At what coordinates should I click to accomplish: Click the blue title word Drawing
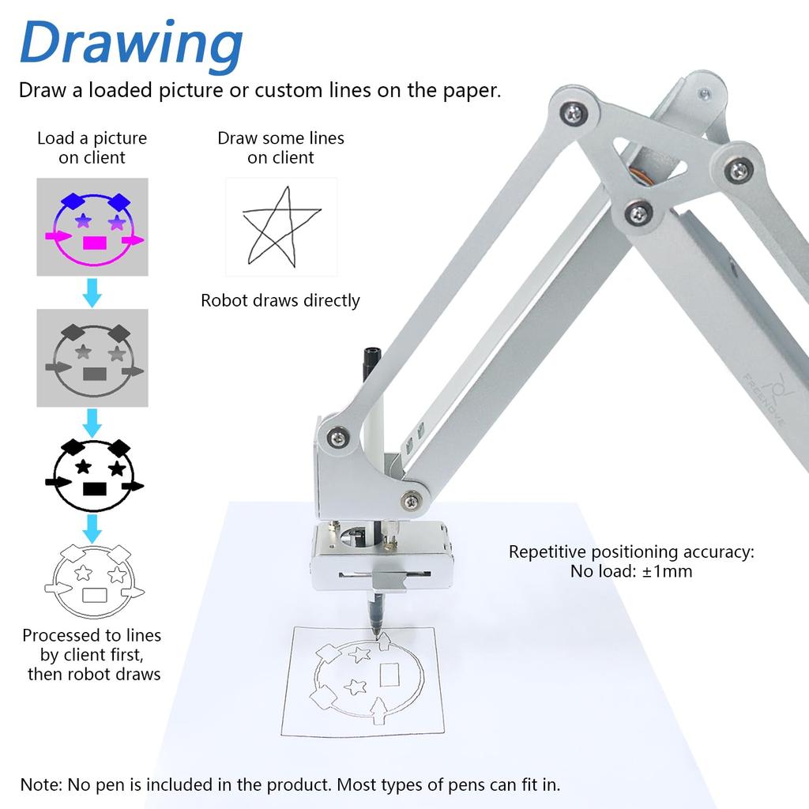[x=131, y=44]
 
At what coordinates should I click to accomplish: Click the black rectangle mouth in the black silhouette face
[x=94, y=488]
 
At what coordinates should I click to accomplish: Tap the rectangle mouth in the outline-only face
[x=94, y=595]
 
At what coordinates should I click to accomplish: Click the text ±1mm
[x=667, y=570]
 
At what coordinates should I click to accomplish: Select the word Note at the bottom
[x=40, y=785]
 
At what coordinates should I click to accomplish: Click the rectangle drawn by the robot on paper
[x=390, y=675]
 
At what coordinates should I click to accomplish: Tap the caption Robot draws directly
[x=280, y=300]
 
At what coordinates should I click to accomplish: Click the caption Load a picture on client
[x=92, y=148]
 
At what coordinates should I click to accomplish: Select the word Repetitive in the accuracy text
[x=547, y=551]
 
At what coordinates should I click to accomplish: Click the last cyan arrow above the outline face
[x=92, y=526]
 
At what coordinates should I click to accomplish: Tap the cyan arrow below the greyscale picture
[x=92, y=422]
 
